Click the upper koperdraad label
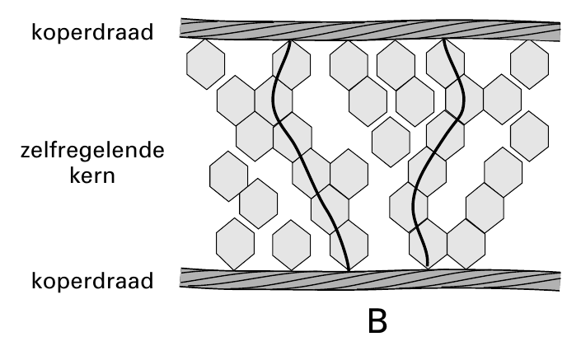[92, 32]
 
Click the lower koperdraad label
[92, 281]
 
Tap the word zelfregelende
[92, 151]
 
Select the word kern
[92, 175]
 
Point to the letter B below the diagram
[377, 321]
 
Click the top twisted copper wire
[370, 30]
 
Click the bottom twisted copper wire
[370, 279]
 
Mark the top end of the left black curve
[290, 40]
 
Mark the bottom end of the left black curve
[349, 269]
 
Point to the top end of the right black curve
[443, 40]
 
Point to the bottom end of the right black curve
[428, 267]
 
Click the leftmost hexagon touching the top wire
[206, 64]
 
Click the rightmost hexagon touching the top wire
[530, 64]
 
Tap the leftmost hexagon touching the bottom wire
[236, 244]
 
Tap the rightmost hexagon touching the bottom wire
[466, 244]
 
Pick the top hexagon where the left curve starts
[291, 65]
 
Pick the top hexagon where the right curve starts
[445, 63]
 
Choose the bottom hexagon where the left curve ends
[349, 245]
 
